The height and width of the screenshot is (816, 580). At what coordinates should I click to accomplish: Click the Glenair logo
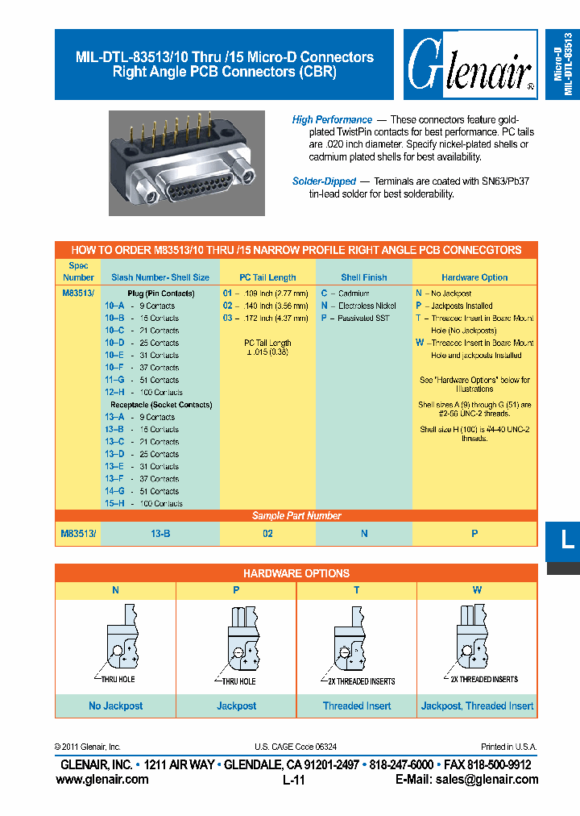(x=470, y=65)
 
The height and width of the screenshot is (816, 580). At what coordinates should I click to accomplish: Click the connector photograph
(x=187, y=163)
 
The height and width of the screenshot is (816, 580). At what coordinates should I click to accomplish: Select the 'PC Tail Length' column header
(x=267, y=277)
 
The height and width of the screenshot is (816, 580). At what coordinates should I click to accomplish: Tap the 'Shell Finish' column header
(x=364, y=277)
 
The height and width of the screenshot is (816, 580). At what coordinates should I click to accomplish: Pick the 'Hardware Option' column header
(x=474, y=277)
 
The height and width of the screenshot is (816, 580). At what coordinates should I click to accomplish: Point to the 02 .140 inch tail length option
(x=265, y=306)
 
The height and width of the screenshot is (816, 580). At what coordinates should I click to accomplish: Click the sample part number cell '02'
(x=267, y=533)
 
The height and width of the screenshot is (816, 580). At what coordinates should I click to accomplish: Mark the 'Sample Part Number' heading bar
(x=296, y=516)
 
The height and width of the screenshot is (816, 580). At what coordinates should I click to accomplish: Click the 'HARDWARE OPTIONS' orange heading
(x=296, y=573)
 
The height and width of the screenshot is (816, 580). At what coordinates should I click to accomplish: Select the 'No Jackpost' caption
(x=116, y=706)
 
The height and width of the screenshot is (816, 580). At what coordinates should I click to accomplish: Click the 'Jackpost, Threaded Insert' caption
(x=477, y=706)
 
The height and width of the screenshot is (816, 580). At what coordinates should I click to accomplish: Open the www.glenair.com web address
(x=102, y=779)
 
